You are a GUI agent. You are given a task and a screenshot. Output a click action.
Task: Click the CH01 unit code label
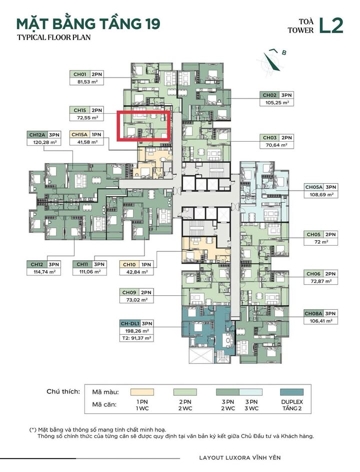tap(80, 75)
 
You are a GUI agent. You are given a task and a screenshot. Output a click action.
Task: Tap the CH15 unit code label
tap(80, 110)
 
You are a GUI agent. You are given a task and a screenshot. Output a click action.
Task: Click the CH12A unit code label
tap(37, 135)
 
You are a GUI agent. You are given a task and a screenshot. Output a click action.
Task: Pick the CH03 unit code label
tap(269, 138)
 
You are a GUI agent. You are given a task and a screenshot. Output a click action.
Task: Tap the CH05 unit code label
tap(313, 234)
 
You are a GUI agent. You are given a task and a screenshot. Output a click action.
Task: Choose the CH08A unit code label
tap(313, 313)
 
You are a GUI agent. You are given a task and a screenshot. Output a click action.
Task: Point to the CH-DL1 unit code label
tap(130, 323)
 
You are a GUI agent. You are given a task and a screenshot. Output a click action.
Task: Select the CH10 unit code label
tap(128, 264)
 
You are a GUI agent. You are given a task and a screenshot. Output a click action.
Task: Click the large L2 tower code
tap(331, 26)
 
